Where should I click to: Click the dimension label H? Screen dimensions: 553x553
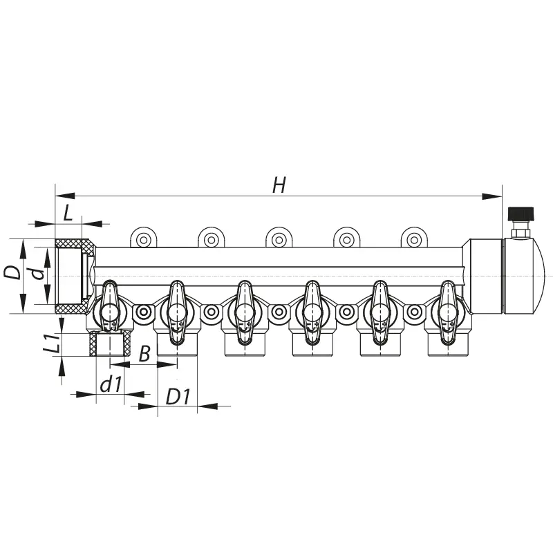coord(279,185)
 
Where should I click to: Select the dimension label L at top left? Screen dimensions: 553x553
coord(68,214)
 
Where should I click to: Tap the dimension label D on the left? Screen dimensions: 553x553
coord(13,272)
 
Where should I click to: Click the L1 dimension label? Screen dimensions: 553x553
coord(51,344)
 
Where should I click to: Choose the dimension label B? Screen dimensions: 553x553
coord(144,353)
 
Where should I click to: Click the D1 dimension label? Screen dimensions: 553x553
coord(178,397)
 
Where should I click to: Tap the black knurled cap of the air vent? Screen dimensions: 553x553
coord(521,214)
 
